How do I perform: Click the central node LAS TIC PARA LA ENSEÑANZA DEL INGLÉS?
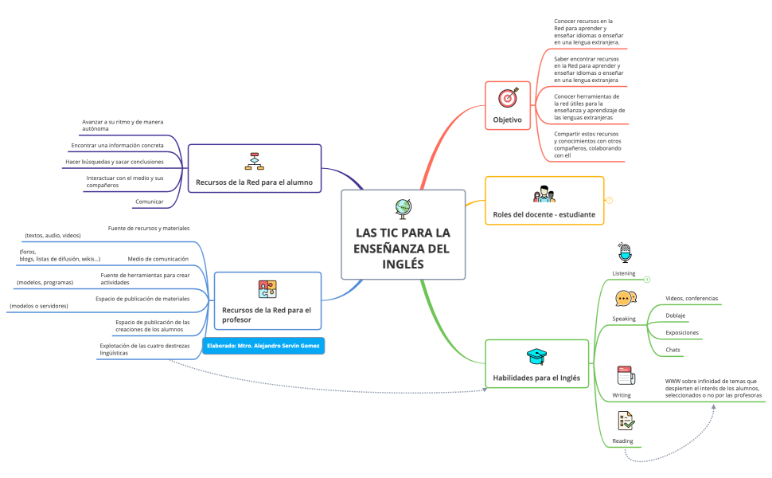(x=403, y=248)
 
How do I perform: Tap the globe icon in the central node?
(x=403, y=208)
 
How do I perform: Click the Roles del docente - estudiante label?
(x=545, y=214)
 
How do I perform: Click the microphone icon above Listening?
(x=624, y=253)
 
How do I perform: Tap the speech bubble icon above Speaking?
(x=625, y=299)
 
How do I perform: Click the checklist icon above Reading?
(x=625, y=421)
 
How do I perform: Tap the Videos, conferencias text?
(x=692, y=299)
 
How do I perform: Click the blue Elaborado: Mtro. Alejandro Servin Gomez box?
(x=263, y=347)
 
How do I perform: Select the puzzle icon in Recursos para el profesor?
(x=267, y=289)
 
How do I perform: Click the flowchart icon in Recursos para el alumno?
(x=254, y=161)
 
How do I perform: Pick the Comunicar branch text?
(x=150, y=202)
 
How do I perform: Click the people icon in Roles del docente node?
(x=544, y=194)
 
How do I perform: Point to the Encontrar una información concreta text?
(x=117, y=146)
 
